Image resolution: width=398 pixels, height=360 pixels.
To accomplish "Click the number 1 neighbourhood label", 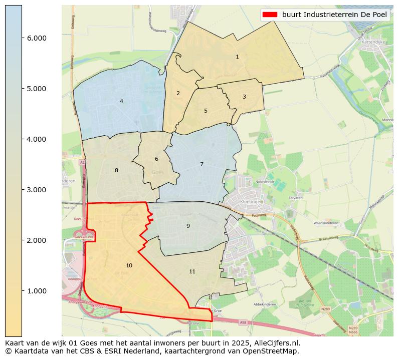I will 237,57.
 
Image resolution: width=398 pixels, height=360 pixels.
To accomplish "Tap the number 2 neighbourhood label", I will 178,93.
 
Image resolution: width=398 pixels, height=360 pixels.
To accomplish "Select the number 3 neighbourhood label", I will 244,97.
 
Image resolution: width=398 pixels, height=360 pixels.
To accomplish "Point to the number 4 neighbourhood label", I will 121,101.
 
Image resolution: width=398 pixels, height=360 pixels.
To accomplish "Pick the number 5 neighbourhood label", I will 206,111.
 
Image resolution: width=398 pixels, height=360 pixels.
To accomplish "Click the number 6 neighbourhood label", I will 156,159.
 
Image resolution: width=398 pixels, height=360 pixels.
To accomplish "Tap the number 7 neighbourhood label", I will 202,164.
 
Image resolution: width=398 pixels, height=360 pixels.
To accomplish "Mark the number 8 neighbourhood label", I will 116,170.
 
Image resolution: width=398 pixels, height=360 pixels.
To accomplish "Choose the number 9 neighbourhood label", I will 188,226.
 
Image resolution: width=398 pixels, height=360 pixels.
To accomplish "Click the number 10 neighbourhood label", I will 129,265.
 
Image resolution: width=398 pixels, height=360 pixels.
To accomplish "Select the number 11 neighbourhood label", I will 192,271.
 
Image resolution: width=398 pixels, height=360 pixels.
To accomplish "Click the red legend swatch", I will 270,15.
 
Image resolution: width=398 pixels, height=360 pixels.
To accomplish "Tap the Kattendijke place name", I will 372,43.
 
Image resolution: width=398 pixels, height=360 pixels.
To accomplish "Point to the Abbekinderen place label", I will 265,304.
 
